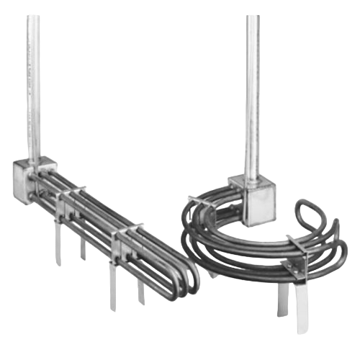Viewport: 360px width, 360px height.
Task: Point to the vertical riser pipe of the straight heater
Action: click(x=32, y=86)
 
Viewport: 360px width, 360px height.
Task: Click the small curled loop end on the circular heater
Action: click(x=310, y=217)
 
